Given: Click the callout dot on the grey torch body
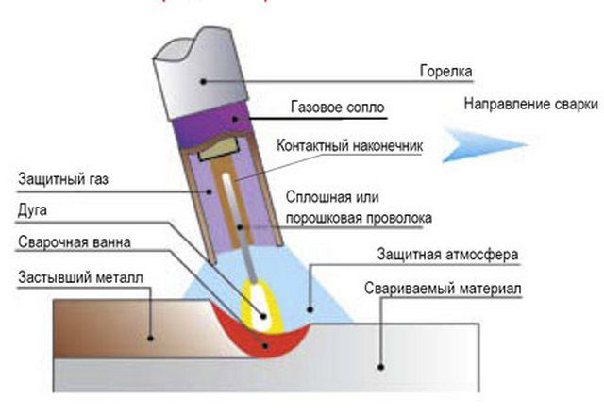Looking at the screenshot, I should coord(203,81).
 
